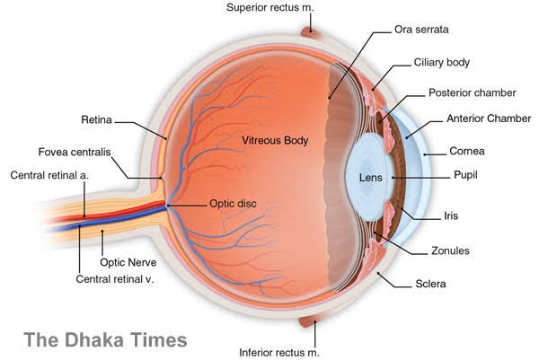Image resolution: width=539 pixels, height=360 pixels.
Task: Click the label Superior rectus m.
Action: point(270,8)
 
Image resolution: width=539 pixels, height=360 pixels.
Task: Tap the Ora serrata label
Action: point(421,30)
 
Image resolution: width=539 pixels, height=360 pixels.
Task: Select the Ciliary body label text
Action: point(442,63)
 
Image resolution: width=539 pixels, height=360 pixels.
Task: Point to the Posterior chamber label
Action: point(473,92)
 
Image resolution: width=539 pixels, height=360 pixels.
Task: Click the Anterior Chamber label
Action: point(489,119)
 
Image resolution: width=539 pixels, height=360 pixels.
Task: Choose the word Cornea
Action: point(467,151)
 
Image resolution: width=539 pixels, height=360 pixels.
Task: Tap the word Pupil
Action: point(465,175)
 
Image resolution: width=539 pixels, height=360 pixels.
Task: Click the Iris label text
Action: point(451,215)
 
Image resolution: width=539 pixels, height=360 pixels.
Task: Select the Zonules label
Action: point(450,250)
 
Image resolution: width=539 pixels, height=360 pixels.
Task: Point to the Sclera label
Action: point(430,284)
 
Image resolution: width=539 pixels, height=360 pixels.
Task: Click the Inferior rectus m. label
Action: point(279,353)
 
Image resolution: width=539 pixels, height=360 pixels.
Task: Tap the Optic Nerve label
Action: point(128,263)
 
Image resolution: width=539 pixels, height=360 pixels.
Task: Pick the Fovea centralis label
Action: point(75,153)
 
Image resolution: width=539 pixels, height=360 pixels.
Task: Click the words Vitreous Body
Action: point(275,140)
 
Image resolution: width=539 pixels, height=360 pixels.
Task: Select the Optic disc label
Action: point(233,204)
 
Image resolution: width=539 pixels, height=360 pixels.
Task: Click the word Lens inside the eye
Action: point(371,178)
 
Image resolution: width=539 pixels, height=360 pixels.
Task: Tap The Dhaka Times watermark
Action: point(105,339)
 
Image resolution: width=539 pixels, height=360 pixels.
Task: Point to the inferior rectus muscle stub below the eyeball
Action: point(308,322)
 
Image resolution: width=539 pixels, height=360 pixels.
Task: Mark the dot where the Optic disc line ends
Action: point(168,206)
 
